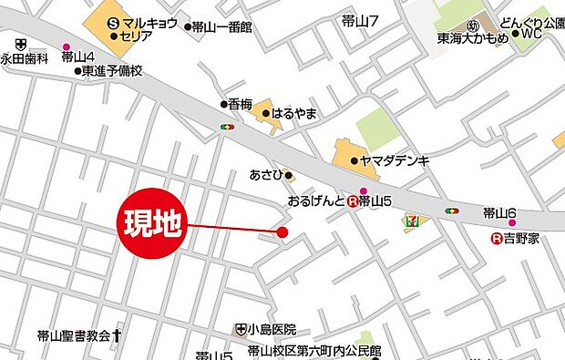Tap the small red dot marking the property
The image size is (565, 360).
coord(282,232)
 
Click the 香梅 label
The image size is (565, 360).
coord(240,105)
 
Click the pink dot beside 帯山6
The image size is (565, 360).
coord(512,222)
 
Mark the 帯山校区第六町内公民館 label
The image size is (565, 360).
coord(314,352)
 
